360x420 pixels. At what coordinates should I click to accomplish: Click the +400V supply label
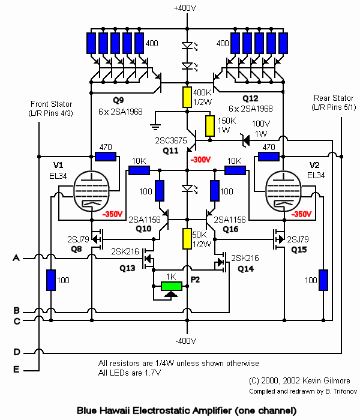(x=185, y=8)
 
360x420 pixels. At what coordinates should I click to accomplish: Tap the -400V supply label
(x=186, y=341)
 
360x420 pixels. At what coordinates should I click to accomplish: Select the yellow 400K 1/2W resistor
(x=187, y=97)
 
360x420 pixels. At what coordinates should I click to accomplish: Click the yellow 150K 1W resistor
(x=210, y=126)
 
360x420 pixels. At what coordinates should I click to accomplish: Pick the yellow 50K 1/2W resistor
(x=187, y=239)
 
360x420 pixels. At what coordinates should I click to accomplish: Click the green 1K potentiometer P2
(x=172, y=286)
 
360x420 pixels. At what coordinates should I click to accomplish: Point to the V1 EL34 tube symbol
(x=92, y=191)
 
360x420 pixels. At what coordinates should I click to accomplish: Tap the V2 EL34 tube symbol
(x=283, y=191)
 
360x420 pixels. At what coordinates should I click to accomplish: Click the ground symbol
(x=155, y=126)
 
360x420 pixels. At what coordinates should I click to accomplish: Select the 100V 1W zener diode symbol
(x=245, y=140)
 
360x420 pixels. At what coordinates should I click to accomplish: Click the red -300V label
(x=200, y=160)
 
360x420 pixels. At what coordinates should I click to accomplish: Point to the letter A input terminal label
(x=16, y=258)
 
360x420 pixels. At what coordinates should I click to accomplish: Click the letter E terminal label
(x=16, y=370)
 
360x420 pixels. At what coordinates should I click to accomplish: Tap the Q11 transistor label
(x=170, y=151)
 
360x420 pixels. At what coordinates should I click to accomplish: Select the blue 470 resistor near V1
(x=106, y=157)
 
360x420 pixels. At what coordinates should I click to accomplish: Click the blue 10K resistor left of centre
(x=139, y=170)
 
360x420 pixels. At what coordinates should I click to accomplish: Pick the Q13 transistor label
(x=127, y=268)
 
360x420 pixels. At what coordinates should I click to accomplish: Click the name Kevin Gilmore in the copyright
(x=326, y=380)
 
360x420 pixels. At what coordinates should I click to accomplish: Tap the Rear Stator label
(x=334, y=98)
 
